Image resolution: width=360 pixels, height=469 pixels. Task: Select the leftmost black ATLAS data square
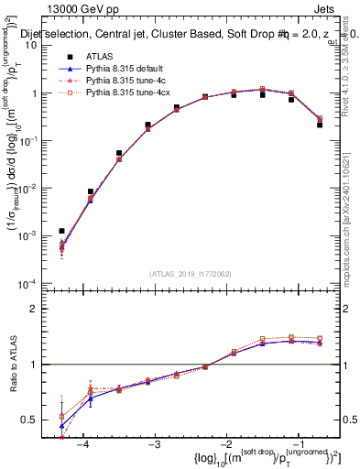(x=61, y=231)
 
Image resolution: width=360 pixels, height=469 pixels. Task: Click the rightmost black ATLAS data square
(x=320, y=124)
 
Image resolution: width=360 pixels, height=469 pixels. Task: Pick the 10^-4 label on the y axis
(x=31, y=283)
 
